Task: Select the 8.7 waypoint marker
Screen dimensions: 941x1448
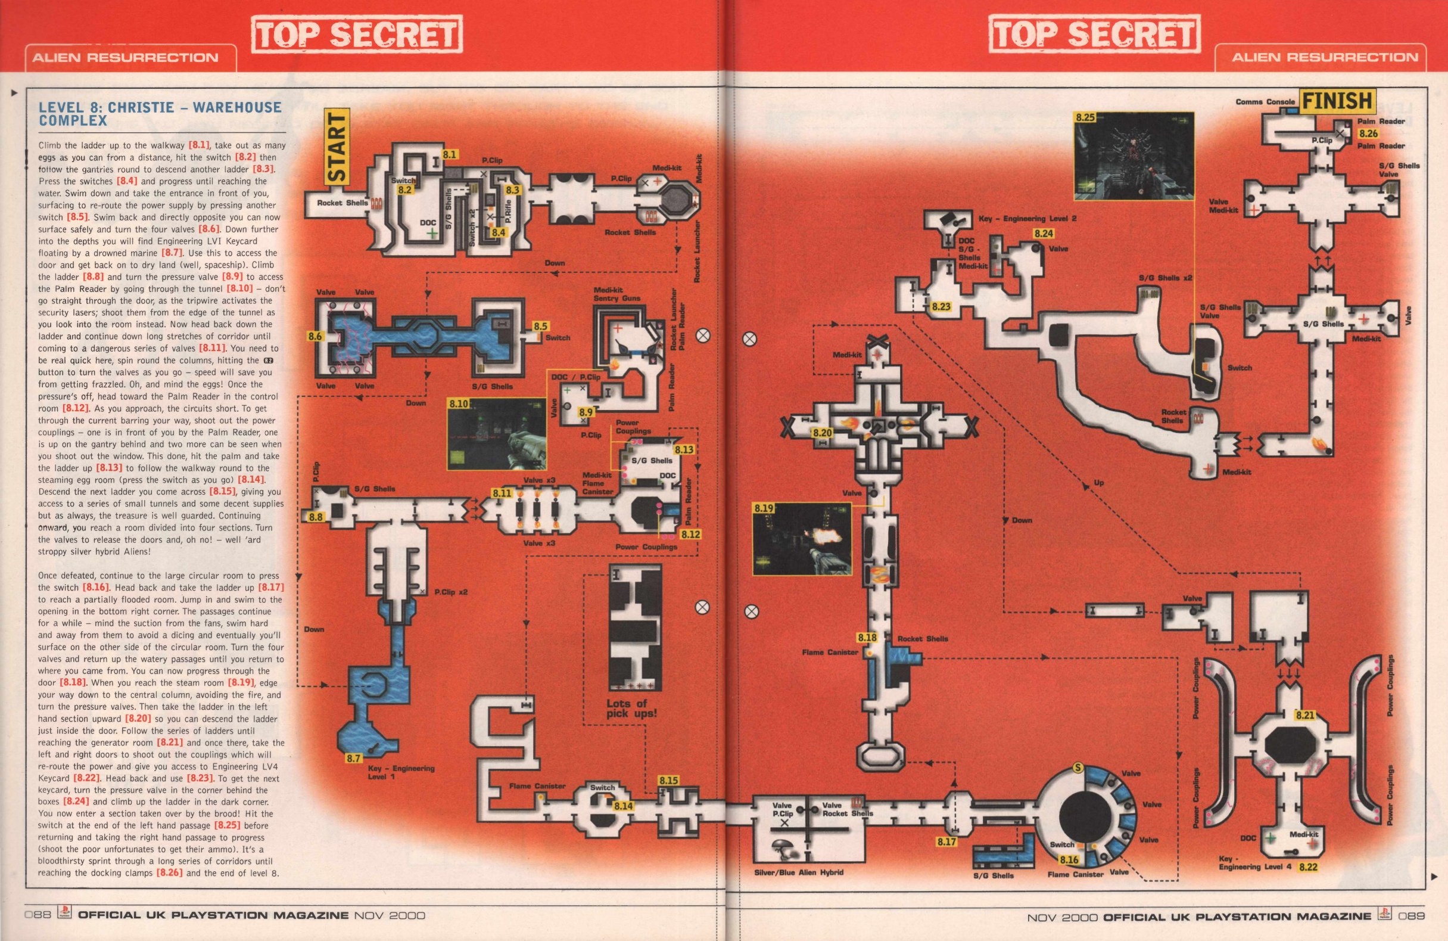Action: coord(353,758)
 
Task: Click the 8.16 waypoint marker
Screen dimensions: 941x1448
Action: coord(1069,860)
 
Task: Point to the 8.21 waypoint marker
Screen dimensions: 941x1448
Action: coord(1305,715)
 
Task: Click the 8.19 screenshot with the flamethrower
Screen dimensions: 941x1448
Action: coord(801,539)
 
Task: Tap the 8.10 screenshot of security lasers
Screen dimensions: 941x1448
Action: coord(496,434)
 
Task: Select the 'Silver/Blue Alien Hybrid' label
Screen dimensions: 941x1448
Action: coord(798,872)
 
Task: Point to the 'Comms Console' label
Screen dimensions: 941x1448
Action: coord(1265,102)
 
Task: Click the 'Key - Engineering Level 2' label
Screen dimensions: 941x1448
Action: coord(1027,218)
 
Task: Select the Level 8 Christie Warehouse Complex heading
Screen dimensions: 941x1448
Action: coord(160,114)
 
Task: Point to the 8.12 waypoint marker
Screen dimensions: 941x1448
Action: coord(690,535)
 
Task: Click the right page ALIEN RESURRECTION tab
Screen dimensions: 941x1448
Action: coord(1325,58)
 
